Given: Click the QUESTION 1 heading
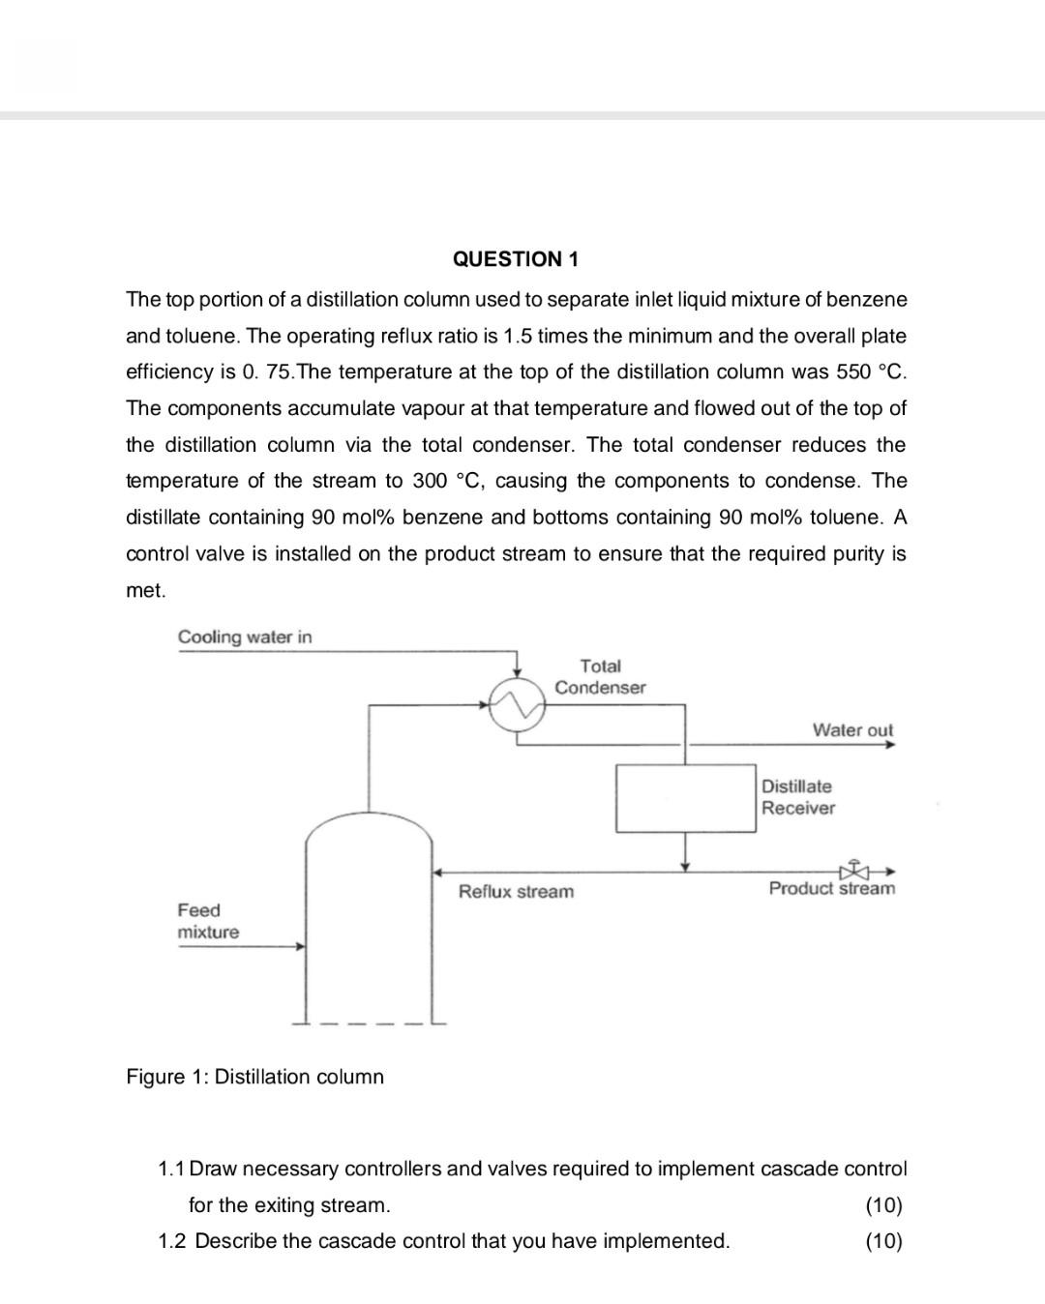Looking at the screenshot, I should click(515, 259).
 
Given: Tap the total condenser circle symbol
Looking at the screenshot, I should click(517, 703).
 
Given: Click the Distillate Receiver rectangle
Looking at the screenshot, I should click(685, 798).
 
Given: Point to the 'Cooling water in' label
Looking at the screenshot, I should click(245, 637).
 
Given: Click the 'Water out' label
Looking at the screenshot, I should click(852, 730).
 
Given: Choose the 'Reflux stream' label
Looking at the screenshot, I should click(516, 891).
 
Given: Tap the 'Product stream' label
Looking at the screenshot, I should click(831, 888).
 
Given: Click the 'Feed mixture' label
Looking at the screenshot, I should click(207, 921).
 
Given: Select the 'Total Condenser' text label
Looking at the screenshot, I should click(600, 676).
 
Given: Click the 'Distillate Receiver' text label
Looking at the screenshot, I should click(797, 797).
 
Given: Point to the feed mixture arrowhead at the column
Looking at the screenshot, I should click(301, 946).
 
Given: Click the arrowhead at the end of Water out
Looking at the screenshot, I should click(890, 745).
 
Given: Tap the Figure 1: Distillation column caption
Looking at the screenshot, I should click(254, 1077).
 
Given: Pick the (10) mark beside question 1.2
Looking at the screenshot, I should click(883, 1241).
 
